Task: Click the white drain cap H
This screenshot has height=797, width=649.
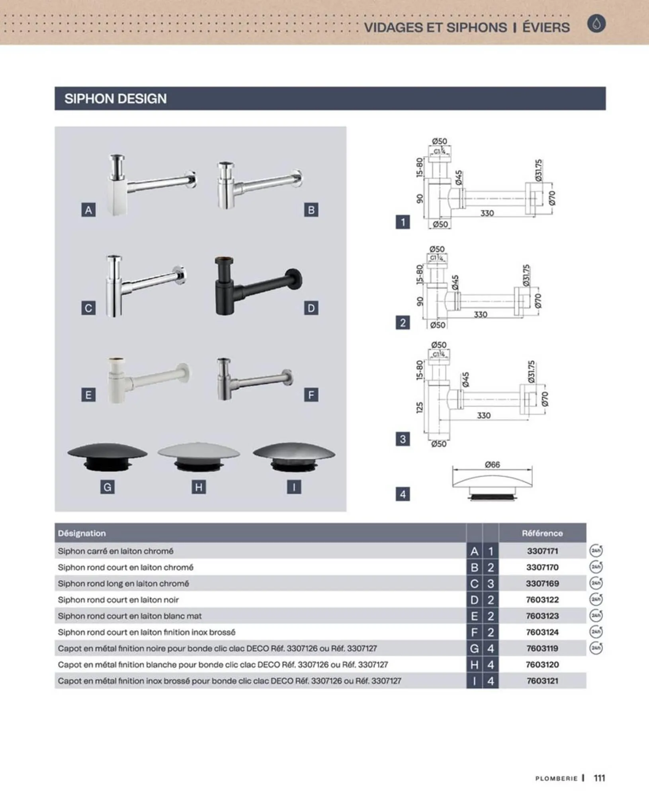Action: click(x=199, y=457)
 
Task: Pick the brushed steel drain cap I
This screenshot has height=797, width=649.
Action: click(x=294, y=457)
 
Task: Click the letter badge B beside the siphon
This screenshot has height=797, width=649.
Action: click(x=311, y=210)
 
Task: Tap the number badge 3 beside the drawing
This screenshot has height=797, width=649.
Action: click(x=403, y=439)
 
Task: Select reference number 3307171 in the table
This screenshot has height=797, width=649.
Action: click(x=542, y=551)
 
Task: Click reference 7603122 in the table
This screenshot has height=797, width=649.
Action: click(x=542, y=600)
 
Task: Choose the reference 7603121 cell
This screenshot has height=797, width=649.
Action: click(x=542, y=681)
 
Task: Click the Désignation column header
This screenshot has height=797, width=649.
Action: click(x=82, y=533)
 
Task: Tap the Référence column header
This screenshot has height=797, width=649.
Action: click(x=542, y=533)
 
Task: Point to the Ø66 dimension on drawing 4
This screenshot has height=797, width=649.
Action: click(x=493, y=465)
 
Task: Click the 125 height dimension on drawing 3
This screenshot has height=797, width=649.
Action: click(x=419, y=408)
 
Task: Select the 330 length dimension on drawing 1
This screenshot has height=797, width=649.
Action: click(x=487, y=213)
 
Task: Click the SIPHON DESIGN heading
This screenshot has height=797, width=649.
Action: click(x=115, y=99)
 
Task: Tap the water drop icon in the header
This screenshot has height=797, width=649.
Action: click(x=596, y=24)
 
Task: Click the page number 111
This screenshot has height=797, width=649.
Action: click(x=600, y=778)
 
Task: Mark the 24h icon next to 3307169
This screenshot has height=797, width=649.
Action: click(x=596, y=583)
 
